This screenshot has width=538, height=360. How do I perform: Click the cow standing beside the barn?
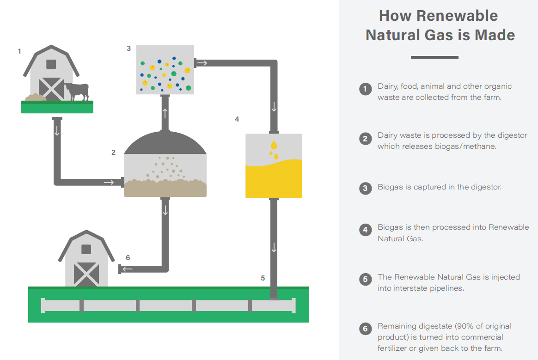coord(77,90)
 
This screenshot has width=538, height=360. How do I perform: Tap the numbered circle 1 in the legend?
coord(365,89)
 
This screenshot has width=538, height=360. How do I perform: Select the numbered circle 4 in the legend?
coord(365,230)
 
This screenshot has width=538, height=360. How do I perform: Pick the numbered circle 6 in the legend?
coord(365,329)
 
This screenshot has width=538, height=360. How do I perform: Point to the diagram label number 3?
coord(128,48)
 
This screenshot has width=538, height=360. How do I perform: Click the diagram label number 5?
coord(263,278)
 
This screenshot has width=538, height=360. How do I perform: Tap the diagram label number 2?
coord(113,152)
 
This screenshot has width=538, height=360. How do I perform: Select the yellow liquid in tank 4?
coord(274,180)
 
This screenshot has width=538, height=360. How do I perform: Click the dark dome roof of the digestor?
coord(165,143)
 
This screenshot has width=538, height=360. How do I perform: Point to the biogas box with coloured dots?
coord(165,69)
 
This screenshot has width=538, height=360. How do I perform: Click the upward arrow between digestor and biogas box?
coord(165,114)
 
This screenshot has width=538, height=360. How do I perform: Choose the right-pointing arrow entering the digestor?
coord(109,183)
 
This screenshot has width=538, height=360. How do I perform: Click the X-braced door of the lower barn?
coord(86,274)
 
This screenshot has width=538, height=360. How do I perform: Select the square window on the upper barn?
coord(51,64)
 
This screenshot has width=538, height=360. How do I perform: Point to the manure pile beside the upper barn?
coord(35,98)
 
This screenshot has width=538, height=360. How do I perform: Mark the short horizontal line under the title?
coord(434,57)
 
